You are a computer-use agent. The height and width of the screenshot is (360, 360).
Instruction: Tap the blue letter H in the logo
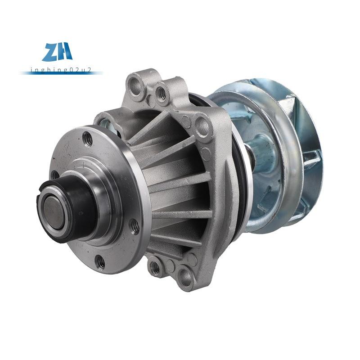(x=65, y=51)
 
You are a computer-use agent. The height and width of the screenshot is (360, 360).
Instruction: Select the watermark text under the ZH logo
(x=61, y=70)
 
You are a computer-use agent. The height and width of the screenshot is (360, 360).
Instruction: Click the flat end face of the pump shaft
(x=54, y=211)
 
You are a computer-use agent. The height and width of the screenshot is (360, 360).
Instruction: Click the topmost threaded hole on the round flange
(x=87, y=139)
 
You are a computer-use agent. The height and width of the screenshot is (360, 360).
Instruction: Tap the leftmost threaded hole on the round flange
(x=54, y=175)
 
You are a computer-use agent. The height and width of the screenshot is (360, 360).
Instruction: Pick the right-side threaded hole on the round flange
(x=135, y=227)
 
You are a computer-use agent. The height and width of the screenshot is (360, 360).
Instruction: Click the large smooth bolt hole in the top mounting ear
(x=135, y=86)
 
